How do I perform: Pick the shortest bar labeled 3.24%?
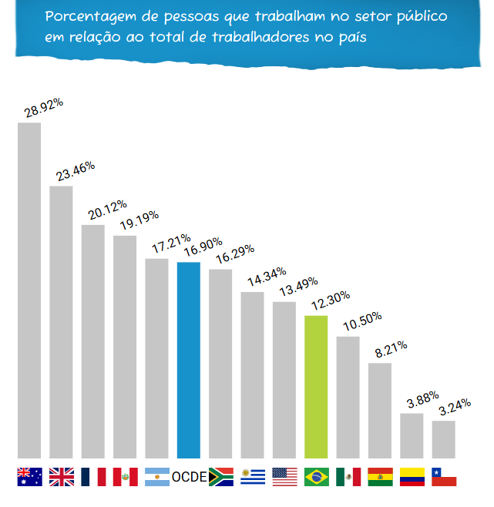(x=443, y=439)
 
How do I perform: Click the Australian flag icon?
(x=29, y=477)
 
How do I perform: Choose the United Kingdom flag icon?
(x=62, y=477)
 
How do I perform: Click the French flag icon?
(x=93, y=477)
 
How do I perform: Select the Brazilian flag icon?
(x=316, y=477)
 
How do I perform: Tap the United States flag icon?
(x=284, y=477)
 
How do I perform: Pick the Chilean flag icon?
(x=444, y=477)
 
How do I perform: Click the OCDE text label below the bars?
(x=189, y=477)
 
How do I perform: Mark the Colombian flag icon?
(x=412, y=477)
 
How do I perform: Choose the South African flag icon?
(x=221, y=477)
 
